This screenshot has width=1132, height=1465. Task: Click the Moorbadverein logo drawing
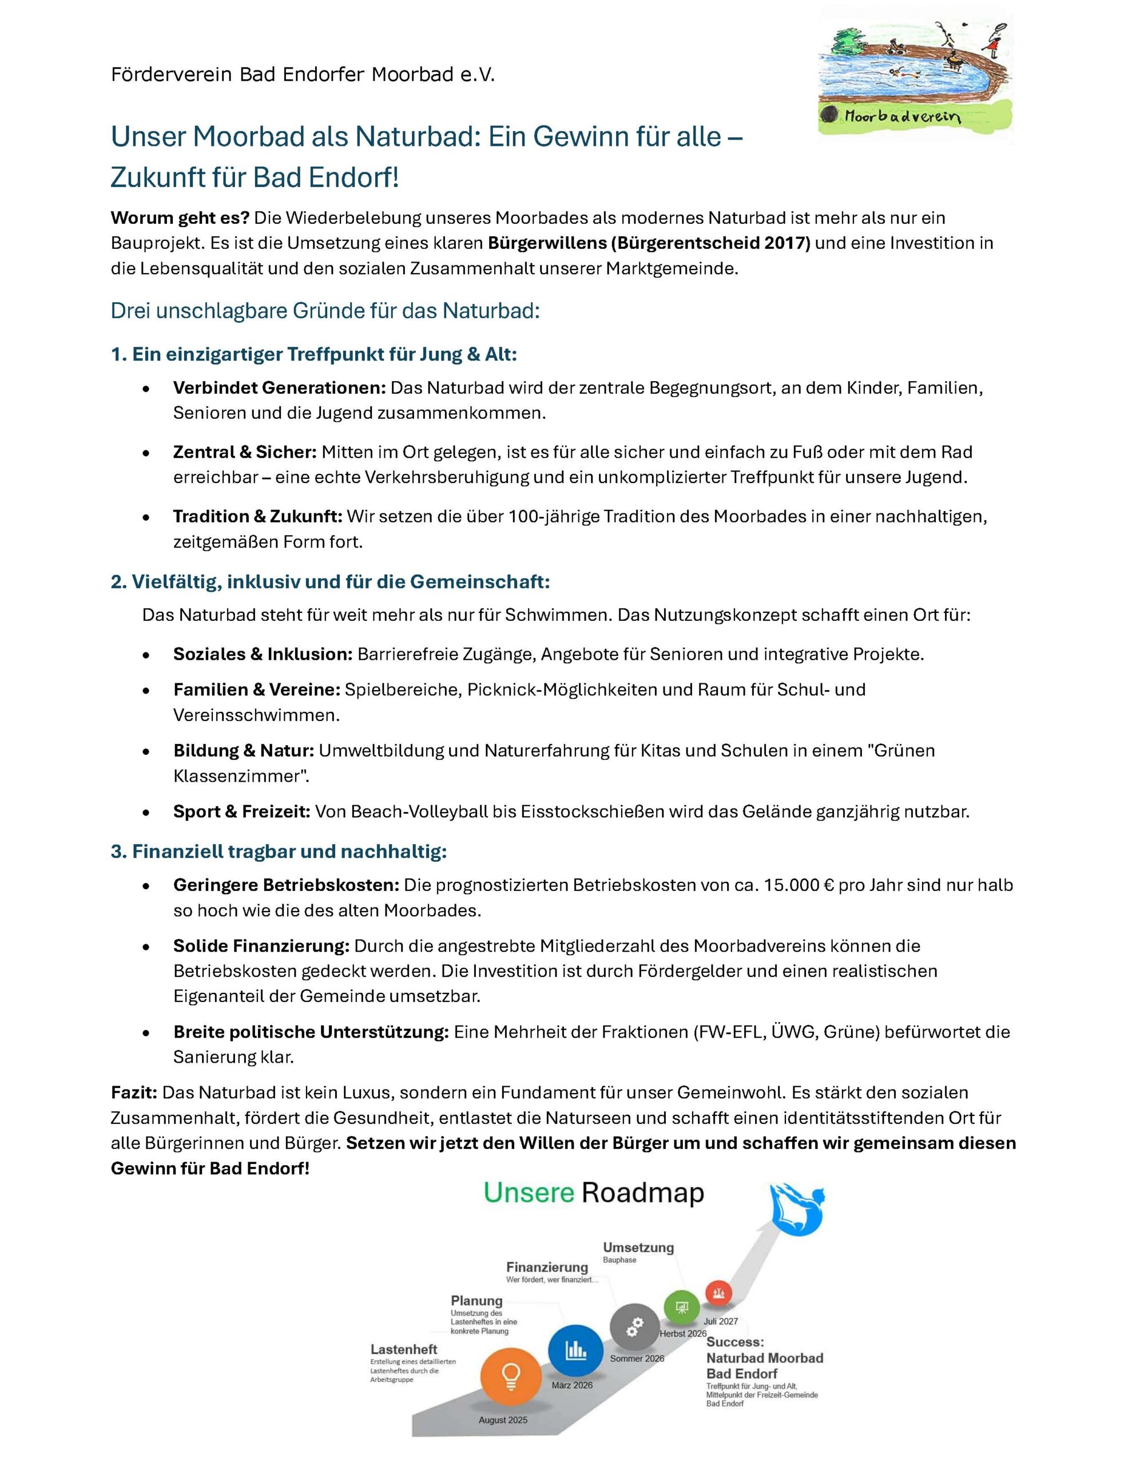915,75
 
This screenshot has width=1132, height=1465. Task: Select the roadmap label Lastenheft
404,1349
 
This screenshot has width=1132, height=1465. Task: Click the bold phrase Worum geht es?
180,218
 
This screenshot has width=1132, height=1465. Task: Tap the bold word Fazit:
134,1092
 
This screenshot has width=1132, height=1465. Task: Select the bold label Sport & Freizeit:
241,811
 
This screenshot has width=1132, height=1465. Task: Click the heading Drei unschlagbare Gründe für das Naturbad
325,311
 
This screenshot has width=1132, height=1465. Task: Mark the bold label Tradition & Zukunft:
257,517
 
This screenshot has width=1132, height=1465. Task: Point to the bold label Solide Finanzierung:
261,946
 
